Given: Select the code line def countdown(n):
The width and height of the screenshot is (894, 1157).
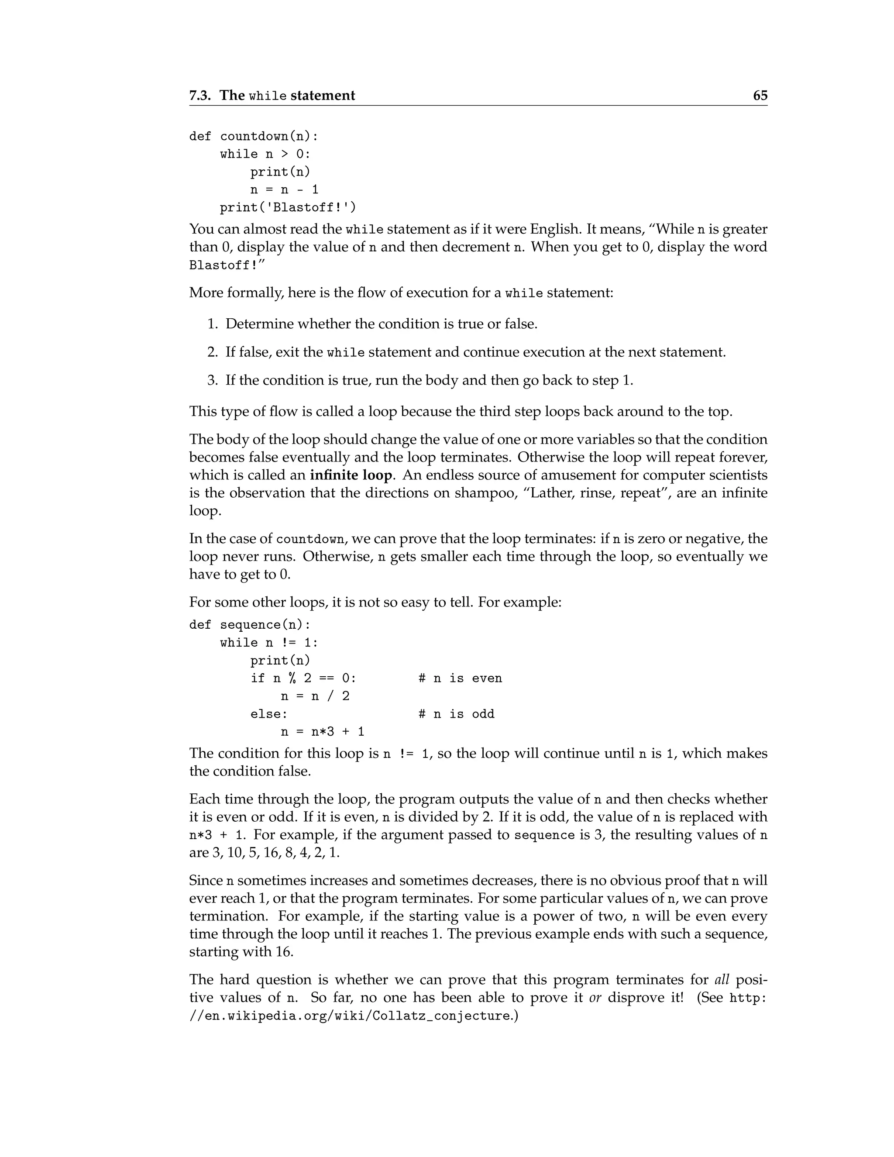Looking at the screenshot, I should (x=254, y=136).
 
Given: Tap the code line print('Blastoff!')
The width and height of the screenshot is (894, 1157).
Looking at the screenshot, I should (x=288, y=207).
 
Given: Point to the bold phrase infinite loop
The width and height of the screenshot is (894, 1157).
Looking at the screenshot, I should (x=351, y=475).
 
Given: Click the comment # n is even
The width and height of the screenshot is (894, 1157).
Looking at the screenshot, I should (x=460, y=678).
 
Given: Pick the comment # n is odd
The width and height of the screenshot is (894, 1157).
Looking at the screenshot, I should (x=456, y=714).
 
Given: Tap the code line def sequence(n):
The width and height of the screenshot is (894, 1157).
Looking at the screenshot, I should (x=250, y=625).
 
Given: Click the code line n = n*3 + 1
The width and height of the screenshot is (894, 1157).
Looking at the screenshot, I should (x=322, y=732).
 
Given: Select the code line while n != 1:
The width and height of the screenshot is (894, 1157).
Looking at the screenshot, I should (x=269, y=643).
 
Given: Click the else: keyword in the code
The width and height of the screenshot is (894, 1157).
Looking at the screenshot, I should (x=269, y=714).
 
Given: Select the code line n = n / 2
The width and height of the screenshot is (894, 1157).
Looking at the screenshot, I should (x=315, y=696).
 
